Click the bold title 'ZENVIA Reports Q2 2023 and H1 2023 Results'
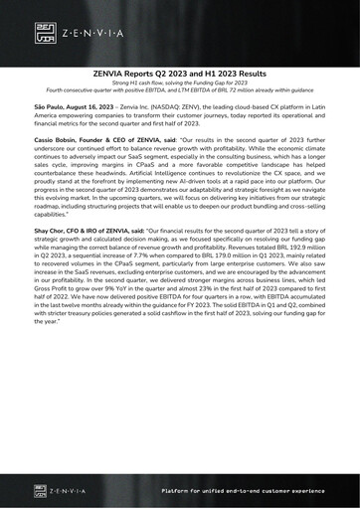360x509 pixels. [180, 74]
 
